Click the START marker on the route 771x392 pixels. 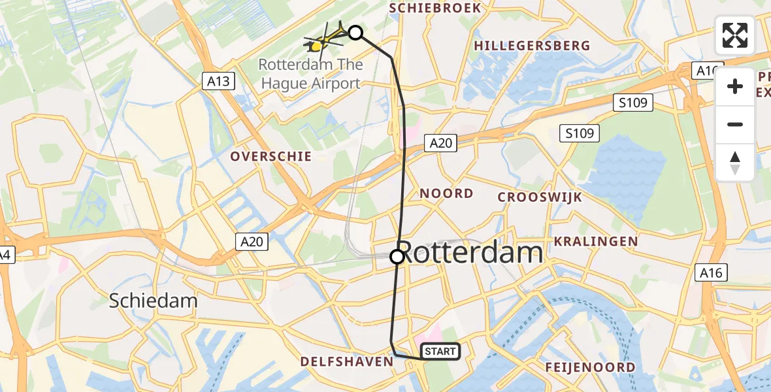(440, 351)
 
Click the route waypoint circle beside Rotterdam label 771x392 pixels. (397, 257)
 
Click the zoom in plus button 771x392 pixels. (735, 86)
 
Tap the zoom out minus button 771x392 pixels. (735, 124)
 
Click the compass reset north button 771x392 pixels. (735, 162)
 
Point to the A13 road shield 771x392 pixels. (219, 81)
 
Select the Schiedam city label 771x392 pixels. (153, 301)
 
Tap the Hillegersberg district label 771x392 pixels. (532, 46)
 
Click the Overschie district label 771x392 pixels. (271, 157)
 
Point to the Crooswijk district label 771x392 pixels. (539, 197)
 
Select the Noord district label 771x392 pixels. (446, 193)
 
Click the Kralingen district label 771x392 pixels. (596, 242)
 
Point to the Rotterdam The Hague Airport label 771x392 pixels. (310, 74)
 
